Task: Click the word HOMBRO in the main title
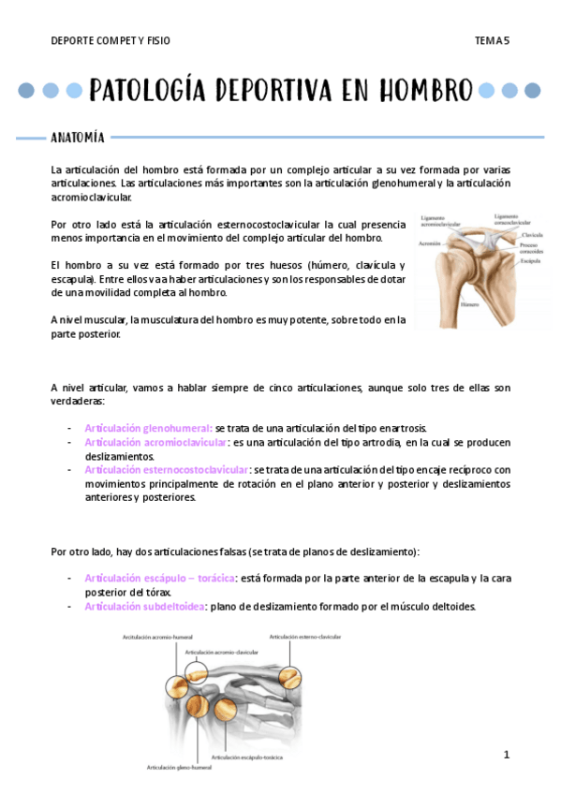click(x=426, y=91)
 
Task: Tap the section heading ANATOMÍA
click(x=77, y=138)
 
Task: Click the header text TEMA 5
click(x=492, y=41)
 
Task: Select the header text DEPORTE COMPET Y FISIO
click(x=111, y=41)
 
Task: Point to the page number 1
click(x=506, y=755)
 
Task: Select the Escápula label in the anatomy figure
click(x=532, y=261)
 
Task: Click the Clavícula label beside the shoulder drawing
click(x=532, y=235)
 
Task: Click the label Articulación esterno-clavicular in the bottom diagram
click(x=305, y=637)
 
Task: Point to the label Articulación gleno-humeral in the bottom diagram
click(x=179, y=768)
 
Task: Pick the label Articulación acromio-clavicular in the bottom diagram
click(x=224, y=650)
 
